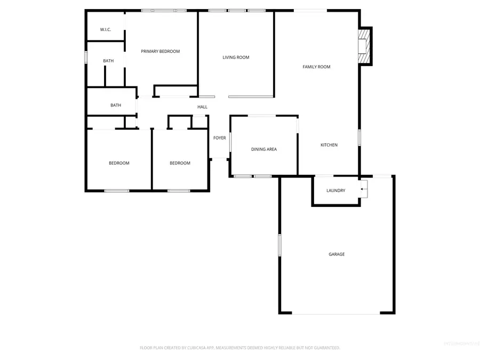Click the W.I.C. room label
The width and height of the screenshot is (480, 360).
click(x=105, y=29)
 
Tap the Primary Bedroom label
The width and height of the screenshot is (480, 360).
click(x=160, y=51)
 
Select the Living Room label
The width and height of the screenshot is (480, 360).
click(x=236, y=57)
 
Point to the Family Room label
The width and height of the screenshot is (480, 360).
click(x=316, y=67)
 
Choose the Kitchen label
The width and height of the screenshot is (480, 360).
click(x=329, y=145)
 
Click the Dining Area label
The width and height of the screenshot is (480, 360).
click(x=263, y=149)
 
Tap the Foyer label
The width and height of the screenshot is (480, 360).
click(x=219, y=138)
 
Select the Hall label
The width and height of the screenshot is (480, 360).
click(x=202, y=107)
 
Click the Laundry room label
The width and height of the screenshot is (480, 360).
click(x=335, y=190)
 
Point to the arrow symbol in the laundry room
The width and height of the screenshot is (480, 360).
click(x=364, y=188)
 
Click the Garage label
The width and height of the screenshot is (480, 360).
click(x=336, y=254)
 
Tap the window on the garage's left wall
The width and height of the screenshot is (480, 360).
click(x=279, y=245)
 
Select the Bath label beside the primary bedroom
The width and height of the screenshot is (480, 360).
click(x=108, y=61)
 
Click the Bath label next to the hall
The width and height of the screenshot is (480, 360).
click(x=116, y=105)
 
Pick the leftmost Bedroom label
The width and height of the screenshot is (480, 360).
click(x=119, y=163)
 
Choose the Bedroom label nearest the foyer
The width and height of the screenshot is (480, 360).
click(x=180, y=163)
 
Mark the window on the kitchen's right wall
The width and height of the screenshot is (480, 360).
click(x=359, y=137)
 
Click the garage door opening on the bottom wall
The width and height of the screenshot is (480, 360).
click(x=336, y=313)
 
